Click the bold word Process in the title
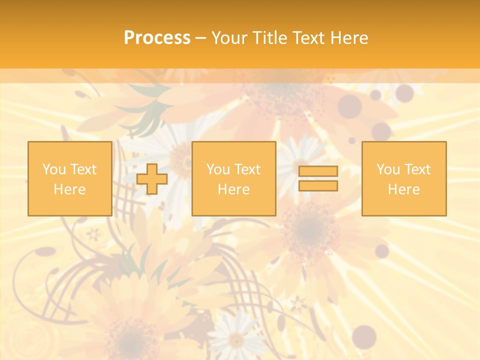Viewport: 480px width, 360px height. pyautogui.click(x=157, y=38)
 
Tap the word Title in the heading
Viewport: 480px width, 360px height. pyautogui.click(x=270, y=38)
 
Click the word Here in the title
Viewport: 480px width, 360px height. pyautogui.click(x=349, y=38)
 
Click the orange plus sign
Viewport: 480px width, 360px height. pyautogui.click(x=152, y=179)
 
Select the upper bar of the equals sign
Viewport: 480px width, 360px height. pyautogui.click(x=318, y=171)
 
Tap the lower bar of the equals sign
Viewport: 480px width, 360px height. pyautogui.click(x=318, y=186)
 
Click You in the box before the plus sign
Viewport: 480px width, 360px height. pyautogui.click(x=54, y=169)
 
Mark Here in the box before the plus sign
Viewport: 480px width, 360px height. pyautogui.click(x=69, y=189)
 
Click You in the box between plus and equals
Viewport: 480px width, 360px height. pyautogui.click(x=218, y=169)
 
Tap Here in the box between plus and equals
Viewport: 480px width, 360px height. pyautogui.click(x=233, y=189)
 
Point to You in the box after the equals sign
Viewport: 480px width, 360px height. pyautogui.click(x=388, y=169)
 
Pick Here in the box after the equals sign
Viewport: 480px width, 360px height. pyautogui.click(x=403, y=189)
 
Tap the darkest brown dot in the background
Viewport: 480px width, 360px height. pyautogui.click(x=364, y=336)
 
